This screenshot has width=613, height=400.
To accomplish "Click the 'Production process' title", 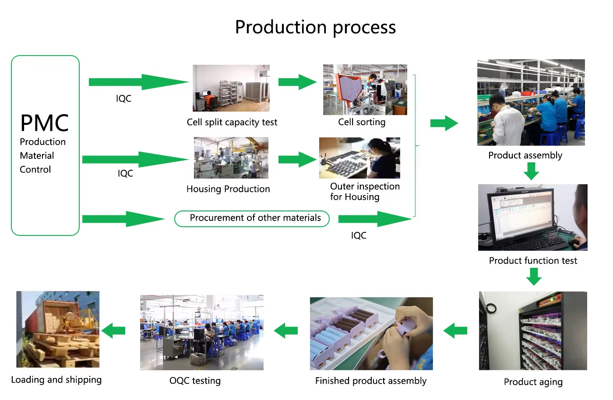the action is [315, 28].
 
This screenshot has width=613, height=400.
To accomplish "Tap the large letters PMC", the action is [44, 123].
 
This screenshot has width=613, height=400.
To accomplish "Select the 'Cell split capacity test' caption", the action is [232, 122].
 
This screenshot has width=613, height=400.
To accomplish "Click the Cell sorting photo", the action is [365, 89].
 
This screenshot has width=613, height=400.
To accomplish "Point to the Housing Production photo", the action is [231, 158].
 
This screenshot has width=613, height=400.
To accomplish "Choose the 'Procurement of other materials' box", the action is [252, 219].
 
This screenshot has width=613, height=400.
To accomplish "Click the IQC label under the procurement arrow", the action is [359, 235].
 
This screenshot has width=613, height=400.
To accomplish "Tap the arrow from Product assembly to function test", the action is [531, 171].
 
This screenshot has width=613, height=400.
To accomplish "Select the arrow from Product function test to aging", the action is [534, 277].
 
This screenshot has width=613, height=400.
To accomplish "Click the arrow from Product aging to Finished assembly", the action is [455, 330].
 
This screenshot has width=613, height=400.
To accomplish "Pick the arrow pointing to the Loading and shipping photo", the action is [113, 330].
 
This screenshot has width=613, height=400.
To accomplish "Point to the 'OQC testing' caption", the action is [195, 381].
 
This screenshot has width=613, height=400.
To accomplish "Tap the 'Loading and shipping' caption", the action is [56, 380].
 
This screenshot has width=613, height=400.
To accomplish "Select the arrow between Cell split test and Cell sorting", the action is [297, 82].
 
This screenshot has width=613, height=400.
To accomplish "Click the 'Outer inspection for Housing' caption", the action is [365, 192].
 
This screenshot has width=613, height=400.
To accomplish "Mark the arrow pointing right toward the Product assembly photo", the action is [444, 123].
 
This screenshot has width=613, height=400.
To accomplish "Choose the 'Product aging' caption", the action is [533, 382].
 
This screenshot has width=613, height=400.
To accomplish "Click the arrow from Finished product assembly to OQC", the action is [285, 330].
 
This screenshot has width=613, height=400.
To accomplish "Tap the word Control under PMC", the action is [35, 170].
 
